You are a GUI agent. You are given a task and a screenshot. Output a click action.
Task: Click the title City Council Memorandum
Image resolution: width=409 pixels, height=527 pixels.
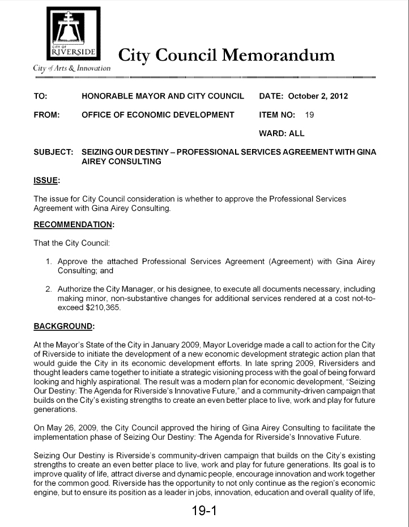(x=226, y=56)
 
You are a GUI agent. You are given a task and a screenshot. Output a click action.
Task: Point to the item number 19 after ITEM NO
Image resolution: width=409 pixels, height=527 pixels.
(x=309, y=114)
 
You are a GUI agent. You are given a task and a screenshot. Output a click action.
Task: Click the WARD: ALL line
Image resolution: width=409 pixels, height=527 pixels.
(x=282, y=133)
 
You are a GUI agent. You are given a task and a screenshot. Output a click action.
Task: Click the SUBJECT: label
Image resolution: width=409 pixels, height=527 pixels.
(x=54, y=152)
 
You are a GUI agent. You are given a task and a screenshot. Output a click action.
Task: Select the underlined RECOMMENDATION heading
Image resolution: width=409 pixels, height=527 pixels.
(x=73, y=224)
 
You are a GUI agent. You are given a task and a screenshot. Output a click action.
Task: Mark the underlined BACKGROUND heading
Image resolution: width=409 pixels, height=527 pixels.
(x=63, y=326)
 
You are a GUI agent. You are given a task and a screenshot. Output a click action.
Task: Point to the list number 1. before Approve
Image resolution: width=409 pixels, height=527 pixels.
(x=49, y=261)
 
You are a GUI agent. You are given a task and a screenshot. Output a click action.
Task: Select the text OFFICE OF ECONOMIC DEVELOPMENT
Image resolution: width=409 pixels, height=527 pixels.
(x=158, y=114)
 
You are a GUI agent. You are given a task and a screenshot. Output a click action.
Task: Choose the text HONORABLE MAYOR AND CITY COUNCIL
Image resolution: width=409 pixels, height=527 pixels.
(x=163, y=96)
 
